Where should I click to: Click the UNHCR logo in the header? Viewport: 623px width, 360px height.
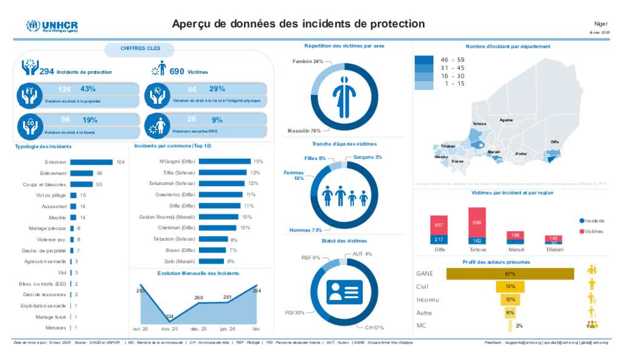[52, 26]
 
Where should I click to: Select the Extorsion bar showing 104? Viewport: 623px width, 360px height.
[91, 162]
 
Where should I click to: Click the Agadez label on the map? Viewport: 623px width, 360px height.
[506, 120]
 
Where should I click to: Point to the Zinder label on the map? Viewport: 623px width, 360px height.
[521, 154]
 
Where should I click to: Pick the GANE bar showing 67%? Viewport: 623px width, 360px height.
[510, 274]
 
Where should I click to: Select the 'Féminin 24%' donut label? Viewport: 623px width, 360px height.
[308, 61]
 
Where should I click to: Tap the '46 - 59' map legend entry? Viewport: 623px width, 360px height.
[451, 60]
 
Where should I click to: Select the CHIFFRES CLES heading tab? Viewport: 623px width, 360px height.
[141, 47]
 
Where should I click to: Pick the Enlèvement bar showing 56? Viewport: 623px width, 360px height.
[82, 173]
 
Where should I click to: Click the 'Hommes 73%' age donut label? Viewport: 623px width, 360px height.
[305, 230]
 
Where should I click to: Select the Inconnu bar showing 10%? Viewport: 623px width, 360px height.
[510, 300]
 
